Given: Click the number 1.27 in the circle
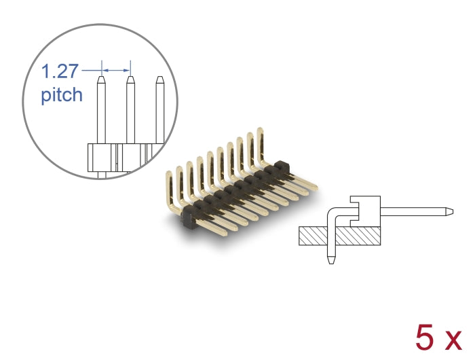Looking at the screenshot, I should tap(61, 71).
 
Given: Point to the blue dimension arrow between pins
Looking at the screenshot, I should tap(115, 69).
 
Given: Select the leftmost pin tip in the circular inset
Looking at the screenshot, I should tap(100, 82).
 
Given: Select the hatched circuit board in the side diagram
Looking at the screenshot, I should tap(339, 236).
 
